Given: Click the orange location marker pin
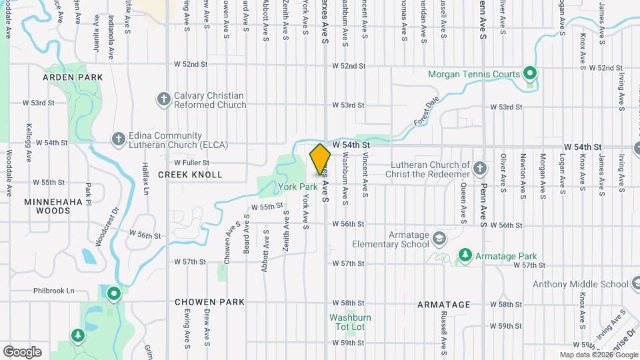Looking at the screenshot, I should coord(320,160).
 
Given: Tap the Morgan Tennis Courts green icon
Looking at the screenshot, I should coord(530,73).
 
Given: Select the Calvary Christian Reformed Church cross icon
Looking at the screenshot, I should coord(163,100).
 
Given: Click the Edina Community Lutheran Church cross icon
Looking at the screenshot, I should coord(118,139).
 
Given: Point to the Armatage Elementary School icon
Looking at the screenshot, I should coord(439,238).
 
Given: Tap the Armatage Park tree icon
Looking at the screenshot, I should coord(464,255).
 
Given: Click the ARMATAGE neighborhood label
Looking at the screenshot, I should coord(443,305).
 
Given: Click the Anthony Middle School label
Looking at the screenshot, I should coord(585,285).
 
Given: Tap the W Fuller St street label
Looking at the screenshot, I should coord(191,162).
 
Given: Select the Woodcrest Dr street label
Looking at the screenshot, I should coord(106,231).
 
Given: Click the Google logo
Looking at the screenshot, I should coord(22,351).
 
